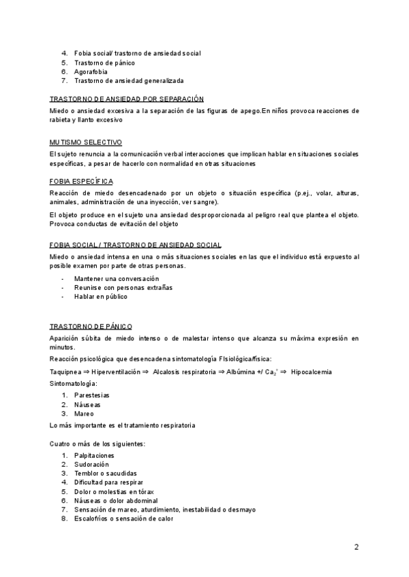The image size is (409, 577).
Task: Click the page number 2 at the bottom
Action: pos(357,546)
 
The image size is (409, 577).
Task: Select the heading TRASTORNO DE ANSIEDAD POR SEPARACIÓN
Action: pos(126,99)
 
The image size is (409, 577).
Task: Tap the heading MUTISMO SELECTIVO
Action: pos(86,143)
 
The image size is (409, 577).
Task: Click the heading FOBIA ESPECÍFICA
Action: pos(82,182)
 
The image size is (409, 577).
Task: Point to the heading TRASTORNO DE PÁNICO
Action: pos(91,327)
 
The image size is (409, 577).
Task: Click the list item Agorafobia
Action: pos(91,71)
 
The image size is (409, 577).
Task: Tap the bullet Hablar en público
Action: pos(101,297)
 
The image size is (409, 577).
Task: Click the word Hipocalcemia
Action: pos(312,372)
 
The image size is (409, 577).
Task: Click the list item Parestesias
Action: pos(92,395)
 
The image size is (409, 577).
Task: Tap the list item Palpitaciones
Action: pos(94,455)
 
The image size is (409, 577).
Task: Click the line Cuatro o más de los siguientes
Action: pos(97,444)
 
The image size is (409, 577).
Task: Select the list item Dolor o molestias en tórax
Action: pos(114,491)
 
